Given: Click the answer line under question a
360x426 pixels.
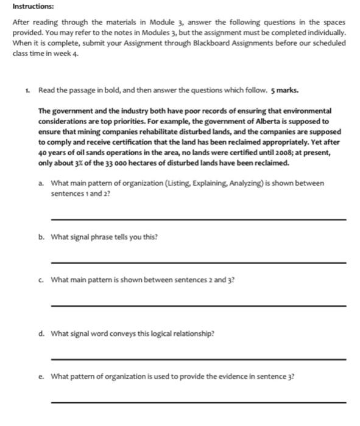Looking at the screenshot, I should pyautogui.click(x=199, y=218).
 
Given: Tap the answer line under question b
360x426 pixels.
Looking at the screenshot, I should pyautogui.click(x=199, y=262).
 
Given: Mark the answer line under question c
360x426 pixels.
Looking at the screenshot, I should pyautogui.click(x=199, y=305).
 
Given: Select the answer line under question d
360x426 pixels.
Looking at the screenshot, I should pyautogui.click(x=199, y=360).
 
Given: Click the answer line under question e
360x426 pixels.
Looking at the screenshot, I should pyautogui.click(x=199, y=402).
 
